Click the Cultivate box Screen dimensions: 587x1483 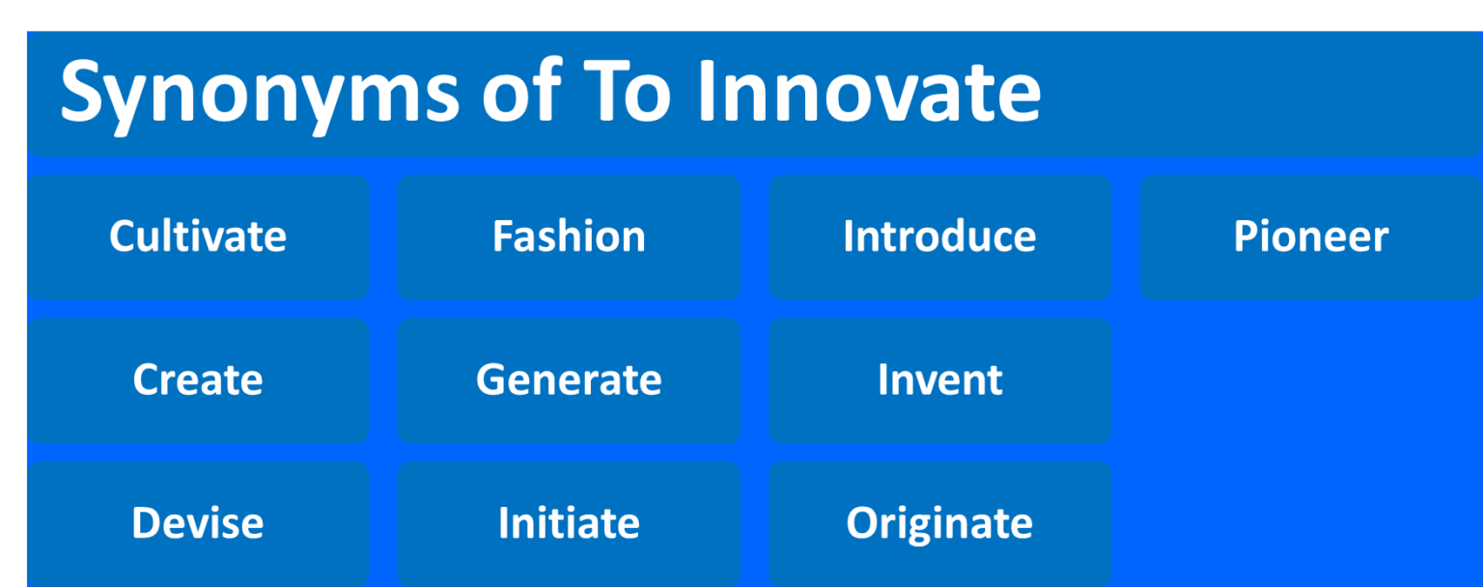pos(198,237)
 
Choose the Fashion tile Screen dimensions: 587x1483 pos(569,237)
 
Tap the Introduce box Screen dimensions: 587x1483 pos(939,237)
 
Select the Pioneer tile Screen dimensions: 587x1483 pos(1310,237)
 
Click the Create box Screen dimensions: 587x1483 pos(198,379)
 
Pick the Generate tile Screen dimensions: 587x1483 pos(569,379)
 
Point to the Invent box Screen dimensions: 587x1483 pos(939,379)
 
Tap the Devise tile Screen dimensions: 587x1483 pos(198,522)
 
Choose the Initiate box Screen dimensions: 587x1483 pos(569,522)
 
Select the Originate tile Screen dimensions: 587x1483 pos(939,522)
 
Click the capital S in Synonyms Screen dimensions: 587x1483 pos(82,91)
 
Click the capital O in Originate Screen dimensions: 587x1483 pos(860,522)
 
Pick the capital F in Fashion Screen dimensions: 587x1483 pos(501,237)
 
